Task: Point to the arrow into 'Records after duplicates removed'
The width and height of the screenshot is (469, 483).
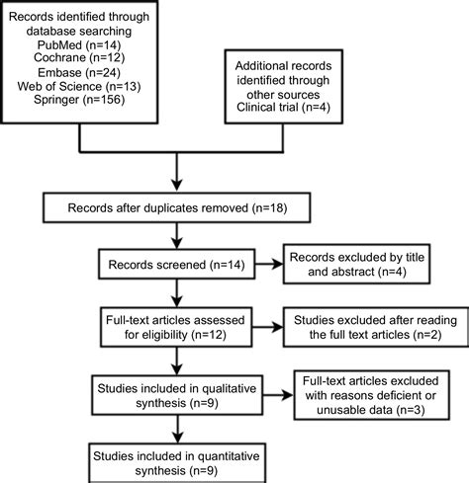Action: (x=176, y=178)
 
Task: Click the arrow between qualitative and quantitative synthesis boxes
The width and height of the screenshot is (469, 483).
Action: (x=176, y=423)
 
